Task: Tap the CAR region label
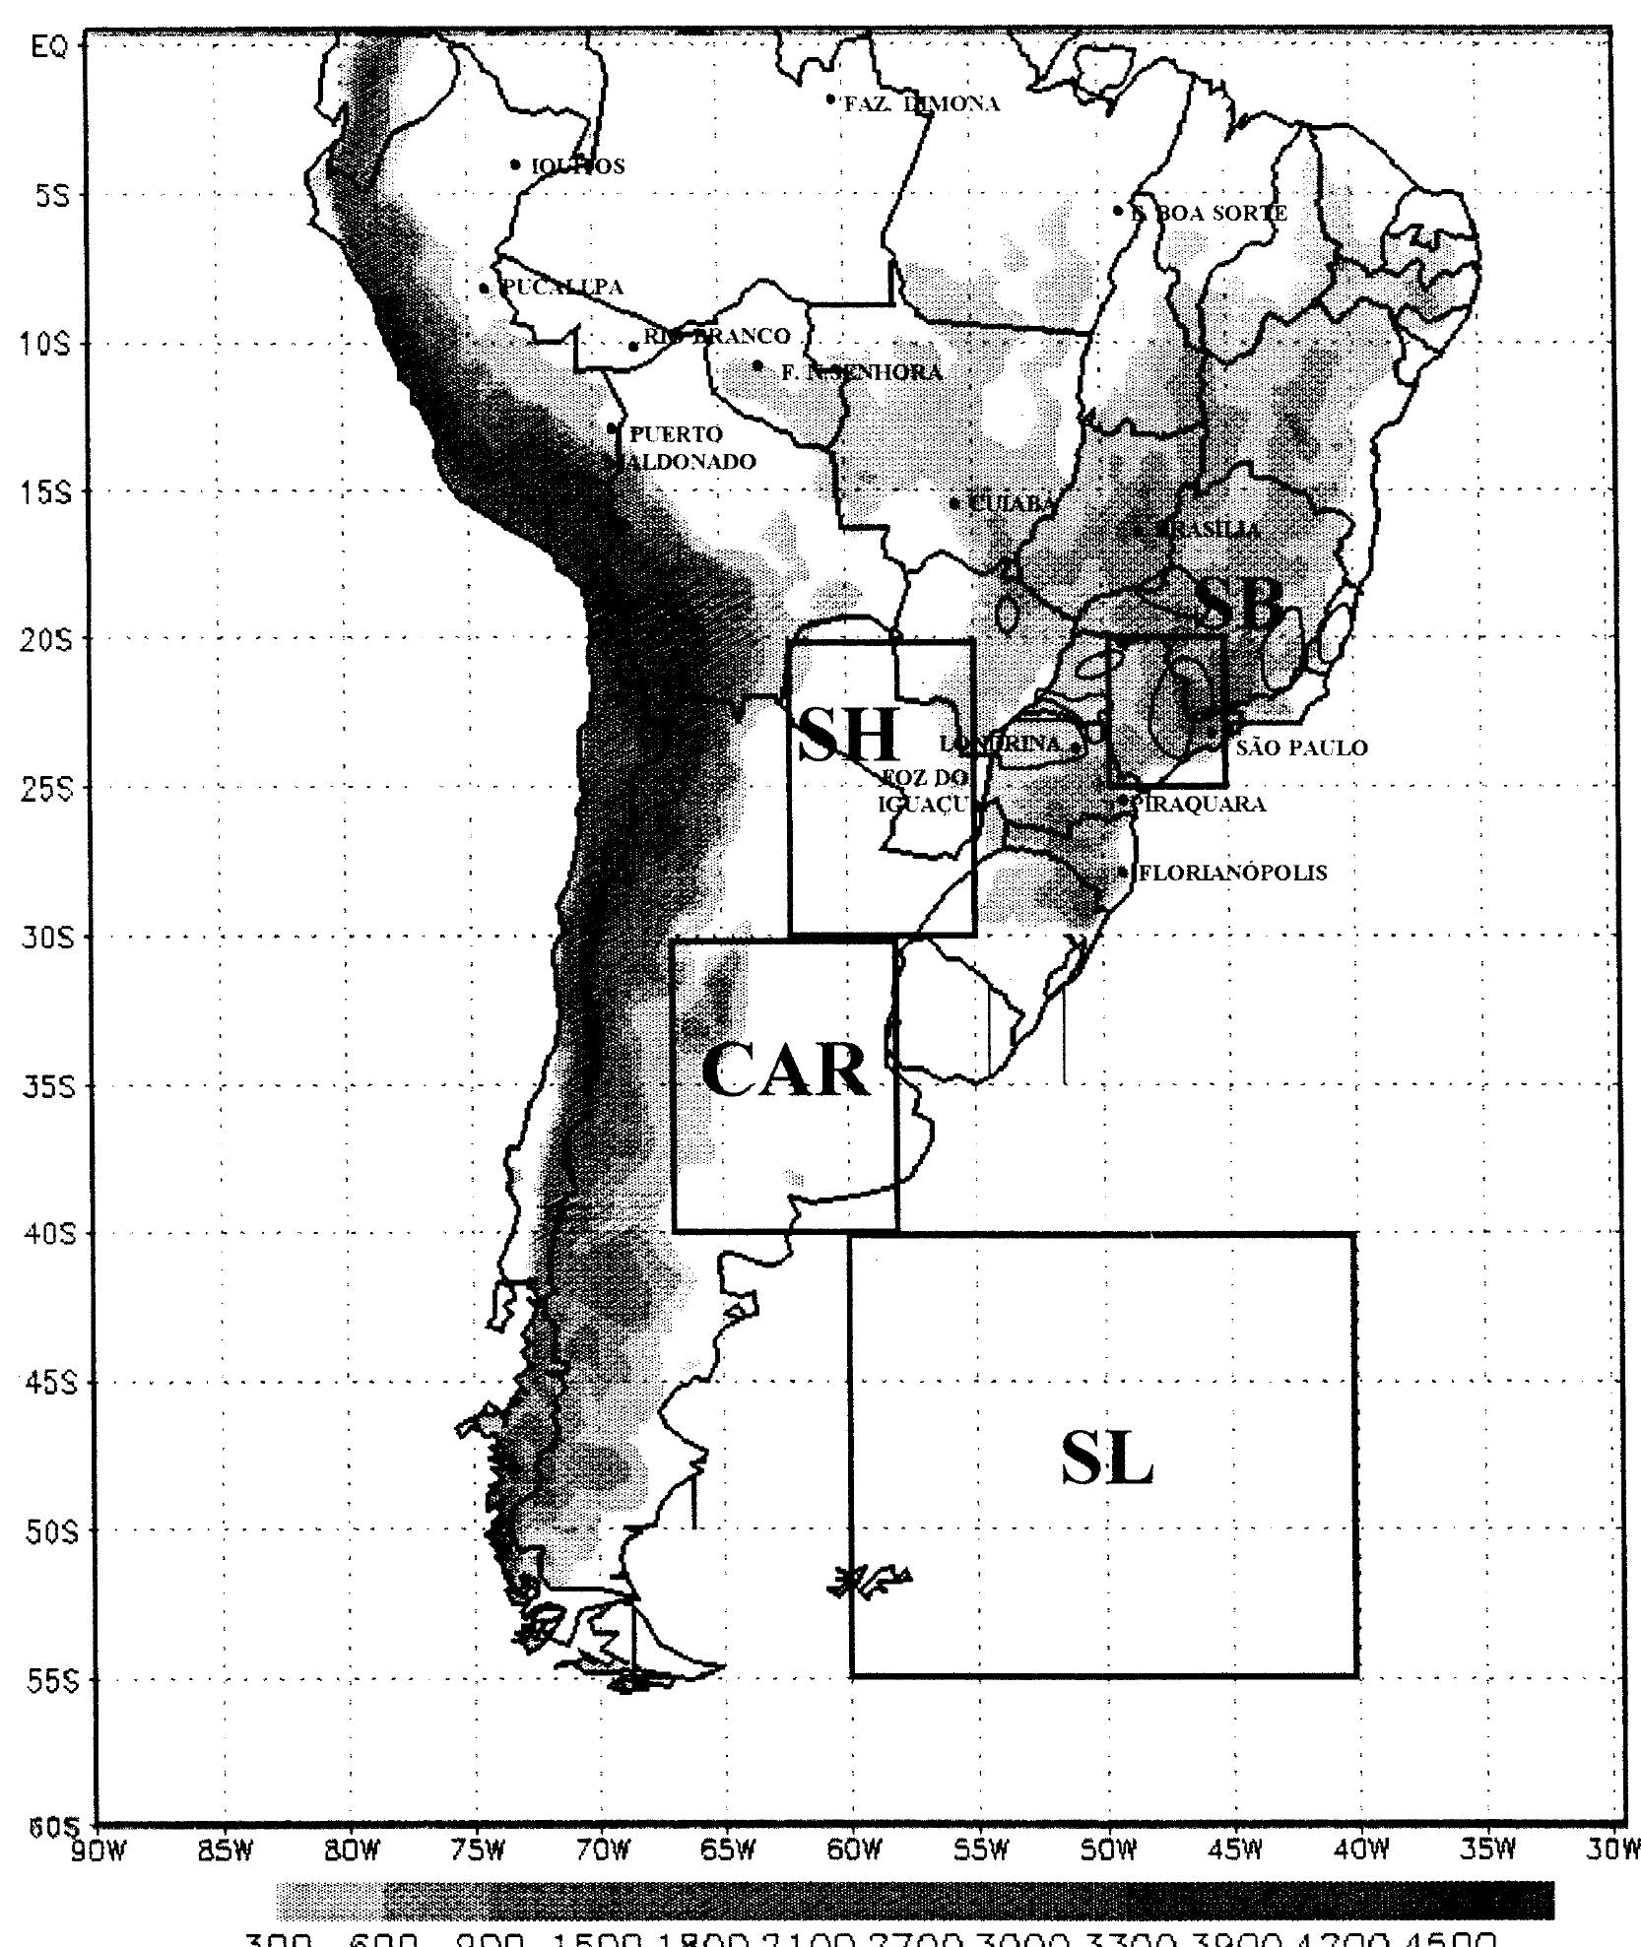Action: (x=786, y=1071)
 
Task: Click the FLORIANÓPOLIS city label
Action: (x=1232, y=873)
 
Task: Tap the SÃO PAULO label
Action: (x=1301, y=747)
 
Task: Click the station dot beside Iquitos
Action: (x=515, y=164)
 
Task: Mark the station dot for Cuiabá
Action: (x=954, y=503)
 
